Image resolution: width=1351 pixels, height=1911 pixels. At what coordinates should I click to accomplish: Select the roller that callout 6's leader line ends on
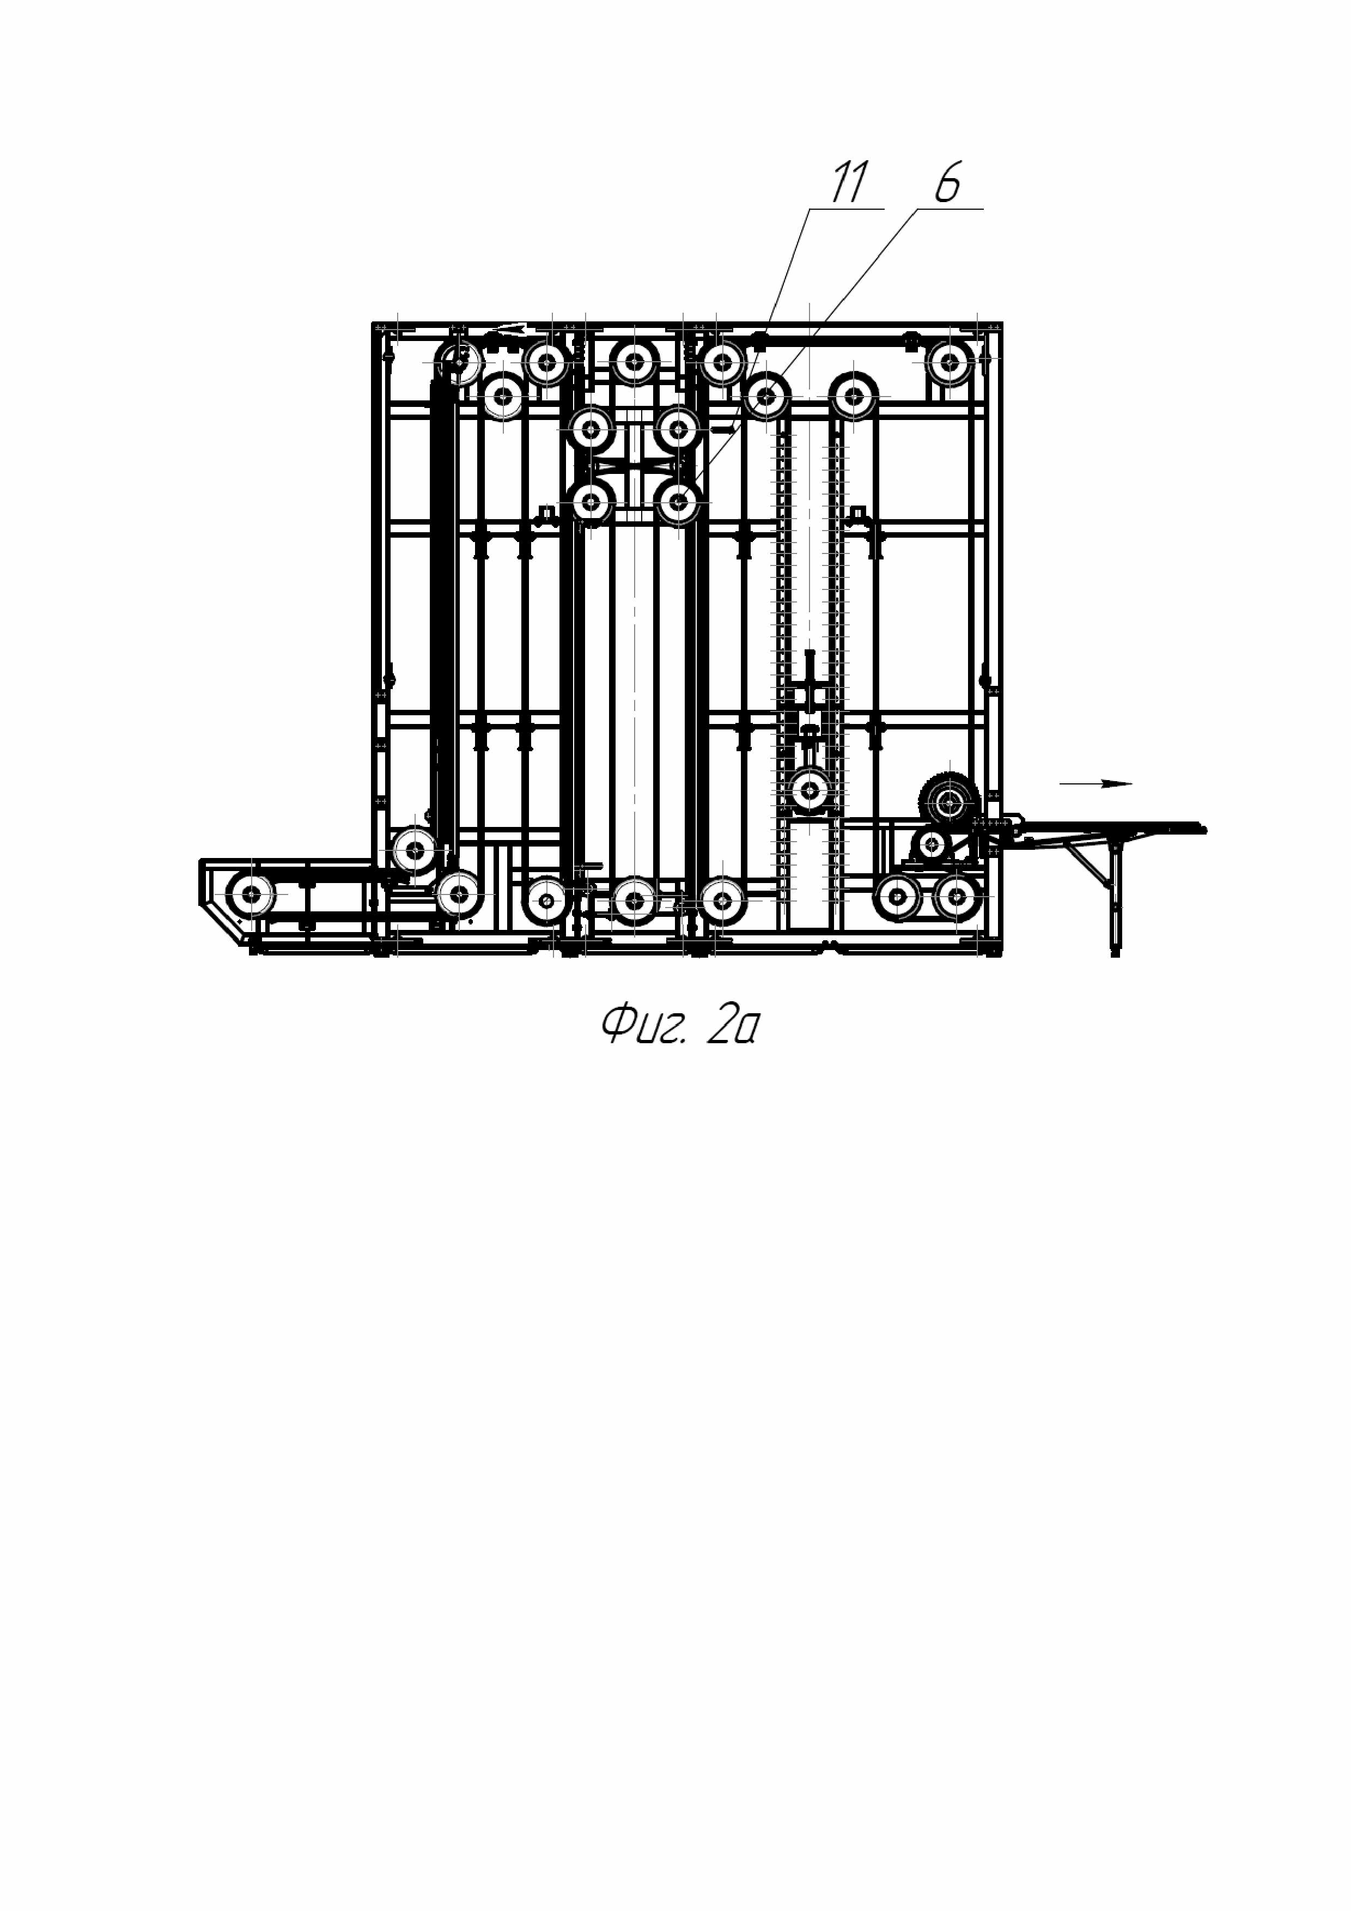(x=680, y=502)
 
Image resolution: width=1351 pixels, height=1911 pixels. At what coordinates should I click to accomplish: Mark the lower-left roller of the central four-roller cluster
(x=592, y=502)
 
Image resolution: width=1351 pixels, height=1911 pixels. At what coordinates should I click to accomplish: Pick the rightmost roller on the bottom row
(x=959, y=897)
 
